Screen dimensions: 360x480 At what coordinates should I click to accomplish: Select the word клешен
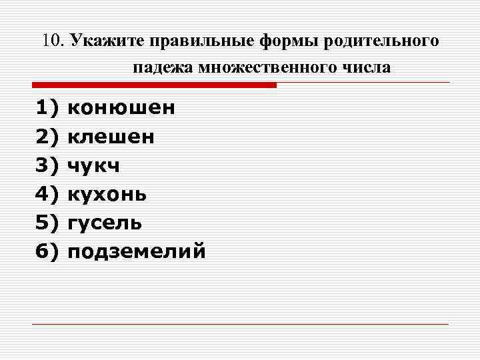tap(111, 137)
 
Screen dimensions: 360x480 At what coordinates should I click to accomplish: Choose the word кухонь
tap(108, 194)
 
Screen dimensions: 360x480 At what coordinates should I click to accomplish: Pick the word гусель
tap(105, 223)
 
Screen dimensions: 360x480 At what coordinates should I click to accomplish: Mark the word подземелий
tap(137, 251)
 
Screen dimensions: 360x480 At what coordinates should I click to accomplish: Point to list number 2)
tap(47, 137)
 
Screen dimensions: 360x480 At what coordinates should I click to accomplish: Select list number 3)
tap(47, 165)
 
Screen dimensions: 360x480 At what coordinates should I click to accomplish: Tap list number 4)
tap(47, 194)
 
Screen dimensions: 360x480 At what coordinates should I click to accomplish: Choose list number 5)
tap(47, 223)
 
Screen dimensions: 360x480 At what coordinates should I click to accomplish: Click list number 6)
tap(47, 251)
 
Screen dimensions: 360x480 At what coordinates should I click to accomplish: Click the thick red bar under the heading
tap(154, 85)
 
